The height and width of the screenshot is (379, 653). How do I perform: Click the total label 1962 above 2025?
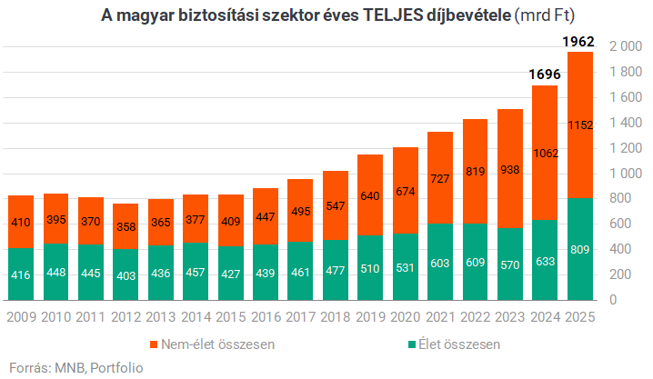578,42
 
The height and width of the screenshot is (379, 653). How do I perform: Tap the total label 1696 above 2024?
545,75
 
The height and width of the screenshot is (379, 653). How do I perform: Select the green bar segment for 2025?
580,249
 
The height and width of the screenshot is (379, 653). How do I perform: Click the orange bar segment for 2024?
545,153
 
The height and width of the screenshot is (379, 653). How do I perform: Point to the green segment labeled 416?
21,274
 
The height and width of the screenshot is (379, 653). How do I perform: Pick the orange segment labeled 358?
126,226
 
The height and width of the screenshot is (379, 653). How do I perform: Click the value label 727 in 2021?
440,179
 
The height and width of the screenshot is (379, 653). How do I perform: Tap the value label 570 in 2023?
509,265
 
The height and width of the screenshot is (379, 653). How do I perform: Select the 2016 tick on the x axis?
266,317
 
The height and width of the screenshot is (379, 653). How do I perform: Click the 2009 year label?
22,317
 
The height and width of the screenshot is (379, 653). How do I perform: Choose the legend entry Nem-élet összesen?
213,344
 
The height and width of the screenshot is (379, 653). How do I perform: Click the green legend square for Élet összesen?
412,344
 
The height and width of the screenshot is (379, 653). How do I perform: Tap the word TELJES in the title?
393,15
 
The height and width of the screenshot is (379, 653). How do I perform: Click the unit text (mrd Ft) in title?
545,15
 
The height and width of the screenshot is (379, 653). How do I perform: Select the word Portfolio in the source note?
116,368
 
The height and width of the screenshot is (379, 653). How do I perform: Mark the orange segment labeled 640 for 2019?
370,195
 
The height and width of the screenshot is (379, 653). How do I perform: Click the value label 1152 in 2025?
580,125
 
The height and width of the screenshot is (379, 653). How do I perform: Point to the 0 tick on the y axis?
613,300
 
